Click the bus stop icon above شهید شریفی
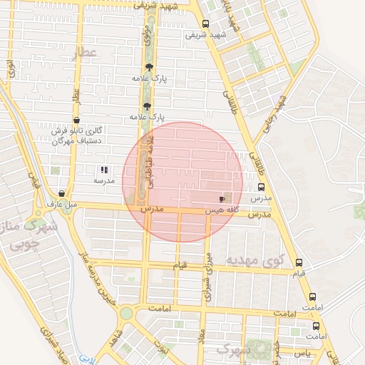(x=205, y=24)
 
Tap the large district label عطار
(x=83, y=53)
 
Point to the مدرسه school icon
(x=104, y=170)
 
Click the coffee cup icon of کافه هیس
(x=222, y=199)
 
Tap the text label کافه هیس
(x=215, y=211)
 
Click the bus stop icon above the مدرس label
(x=259, y=187)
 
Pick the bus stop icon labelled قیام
(x=298, y=262)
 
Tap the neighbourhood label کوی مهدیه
(x=255, y=260)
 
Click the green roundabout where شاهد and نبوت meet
(x=126, y=314)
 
